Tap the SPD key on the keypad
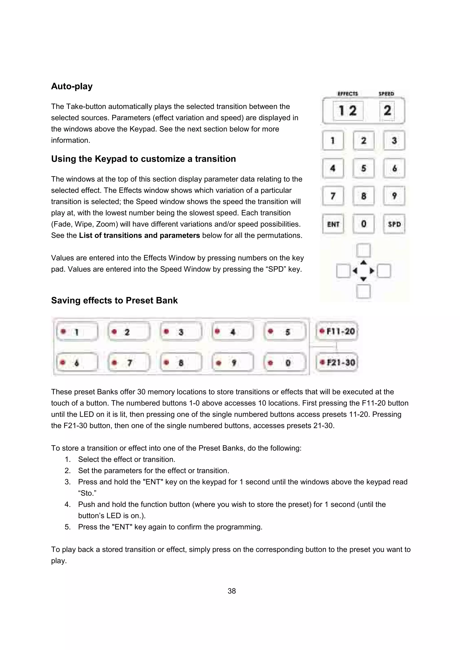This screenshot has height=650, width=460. click(x=394, y=224)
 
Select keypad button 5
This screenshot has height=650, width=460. click(x=363, y=168)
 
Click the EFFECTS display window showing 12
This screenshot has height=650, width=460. click(x=348, y=110)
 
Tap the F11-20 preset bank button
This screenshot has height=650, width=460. click(x=337, y=331)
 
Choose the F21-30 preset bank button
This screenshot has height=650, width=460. click(x=337, y=362)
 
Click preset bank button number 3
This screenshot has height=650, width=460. click(x=181, y=332)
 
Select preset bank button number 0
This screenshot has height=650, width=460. click(x=285, y=363)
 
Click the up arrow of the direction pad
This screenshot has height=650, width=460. click(x=364, y=263)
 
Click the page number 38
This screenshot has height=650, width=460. click(x=232, y=591)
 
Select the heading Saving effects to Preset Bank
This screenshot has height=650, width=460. click(x=114, y=300)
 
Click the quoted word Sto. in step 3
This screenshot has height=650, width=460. click(x=87, y=493)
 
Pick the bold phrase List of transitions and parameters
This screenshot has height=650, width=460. click(x=139, y=235)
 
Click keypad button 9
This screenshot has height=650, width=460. click(x=394, y=196)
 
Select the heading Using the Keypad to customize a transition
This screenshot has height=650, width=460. click(x=144, y=159)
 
